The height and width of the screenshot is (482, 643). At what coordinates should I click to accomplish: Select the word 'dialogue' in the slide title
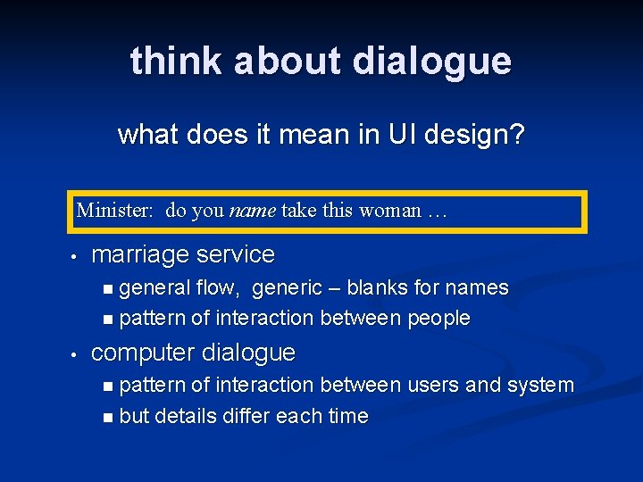pyautogui.click(x=432, y=61)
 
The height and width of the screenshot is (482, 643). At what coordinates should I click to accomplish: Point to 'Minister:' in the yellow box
pyautogui.click(x=115, y=211)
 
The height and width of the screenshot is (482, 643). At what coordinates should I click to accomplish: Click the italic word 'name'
pyautogui.click(x=253, y=211)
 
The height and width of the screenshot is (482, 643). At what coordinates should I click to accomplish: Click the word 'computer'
pyautogui.click(x=141, y=353)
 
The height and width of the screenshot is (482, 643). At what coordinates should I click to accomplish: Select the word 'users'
pyautogui.click(x=434, y=386)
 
